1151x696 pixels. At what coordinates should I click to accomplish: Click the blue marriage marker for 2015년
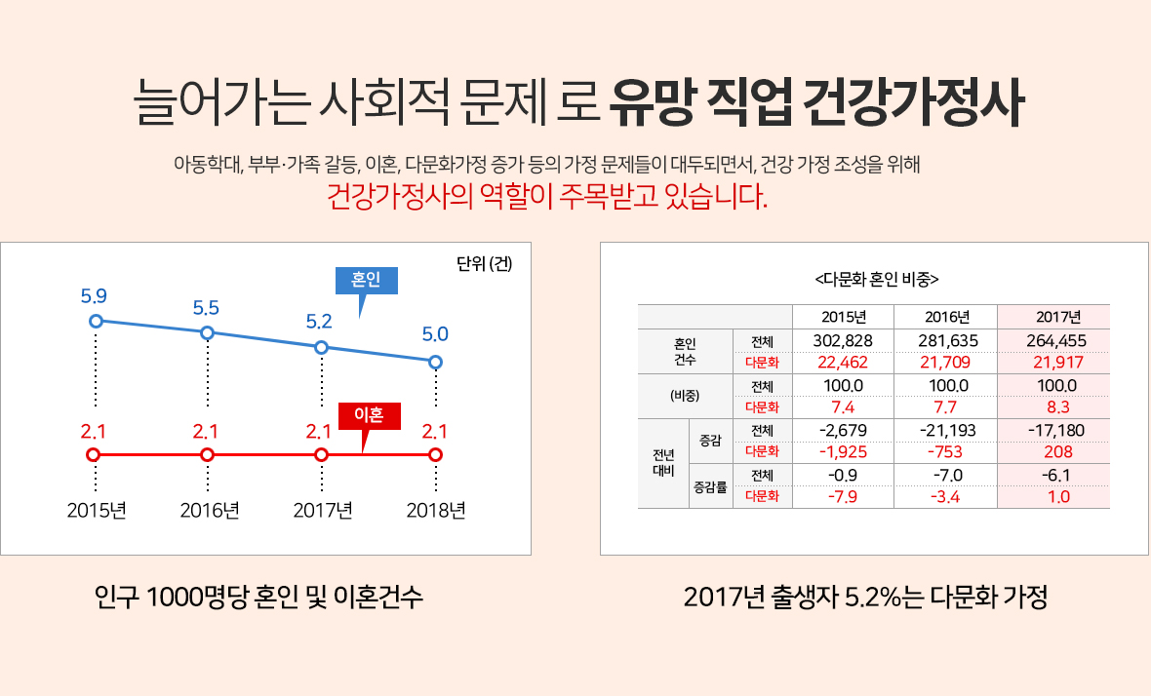click(96, 321)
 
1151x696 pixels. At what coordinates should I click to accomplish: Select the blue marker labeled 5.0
click(435, 362)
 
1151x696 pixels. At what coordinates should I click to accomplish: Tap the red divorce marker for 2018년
click(435, 454)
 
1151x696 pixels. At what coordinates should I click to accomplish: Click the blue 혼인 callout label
click(366, 280)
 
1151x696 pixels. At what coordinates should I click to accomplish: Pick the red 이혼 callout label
click(370, 416)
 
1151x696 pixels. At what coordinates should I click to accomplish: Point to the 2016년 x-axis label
click(209, 511)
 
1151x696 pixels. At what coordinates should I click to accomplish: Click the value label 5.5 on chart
click(206, 307)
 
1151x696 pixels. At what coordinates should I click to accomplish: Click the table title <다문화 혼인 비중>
click(875, 278)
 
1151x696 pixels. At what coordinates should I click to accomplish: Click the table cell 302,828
click(842, 340)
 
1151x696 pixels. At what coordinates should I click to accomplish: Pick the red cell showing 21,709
click(945, 362)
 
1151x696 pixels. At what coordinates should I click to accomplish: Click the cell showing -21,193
click(945, 430)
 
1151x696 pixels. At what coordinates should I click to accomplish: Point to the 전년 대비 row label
click(662, 463)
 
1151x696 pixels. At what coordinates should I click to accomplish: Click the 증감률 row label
click(710, 485)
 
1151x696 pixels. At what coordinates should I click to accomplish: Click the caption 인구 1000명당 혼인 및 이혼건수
click(258, 597)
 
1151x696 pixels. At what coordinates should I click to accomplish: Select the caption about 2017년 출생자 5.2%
click(865, 597)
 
